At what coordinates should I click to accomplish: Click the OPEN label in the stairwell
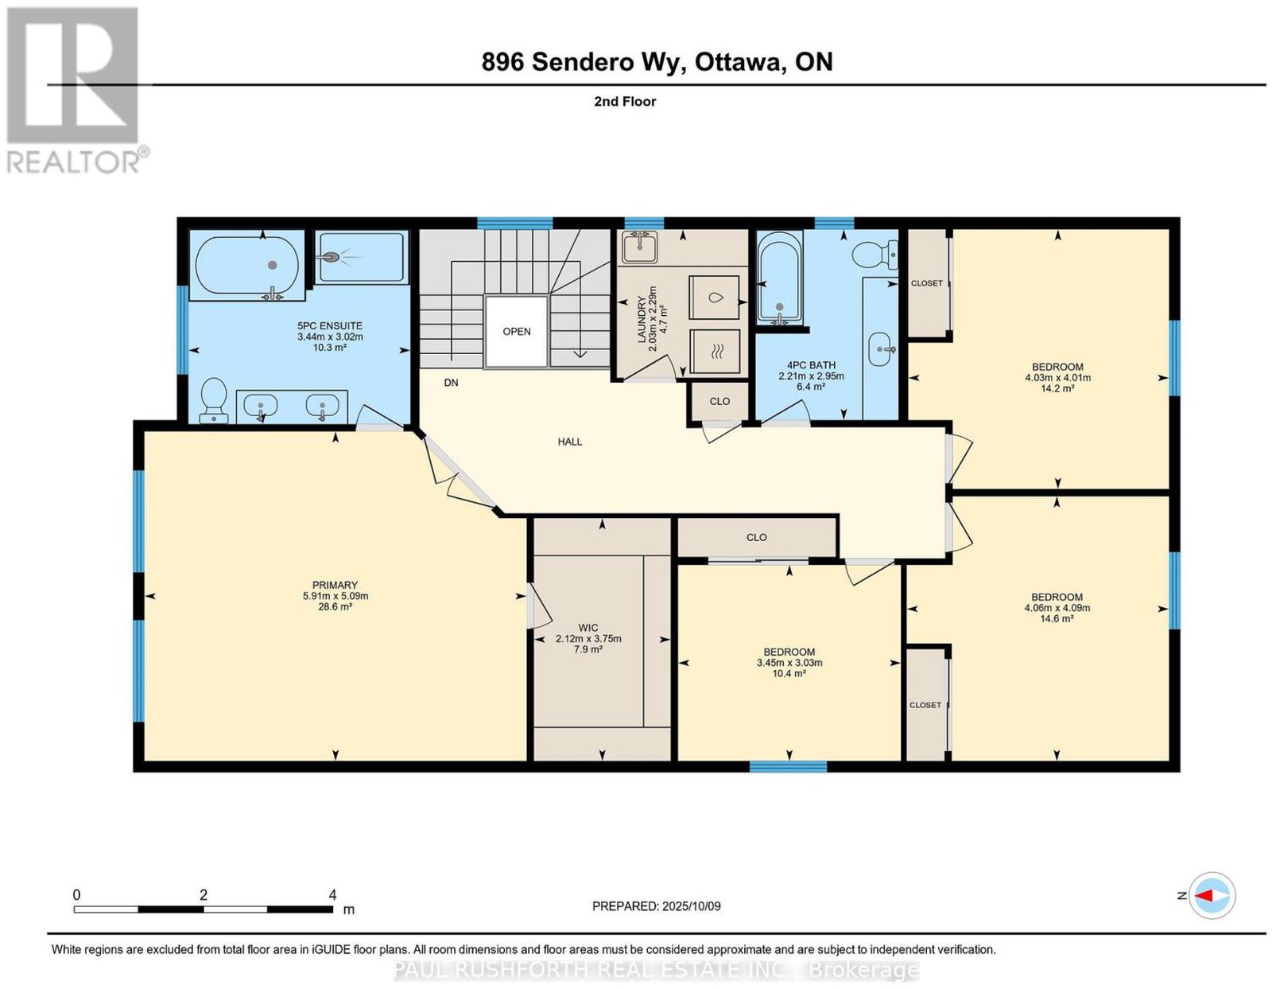pyautogui.click(x=516, y=332)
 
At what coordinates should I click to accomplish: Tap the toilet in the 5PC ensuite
pyautogui.click(x=213, y=400)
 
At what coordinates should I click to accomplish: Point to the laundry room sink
pyautogui.click(x=639, y=248)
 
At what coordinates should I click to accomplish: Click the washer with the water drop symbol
pyautogui.click(x=715, y=298)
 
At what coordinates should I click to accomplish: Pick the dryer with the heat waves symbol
pyautogui.click(x=715, y=352)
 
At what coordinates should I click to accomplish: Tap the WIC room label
pyautogui.click(x=588, y=628)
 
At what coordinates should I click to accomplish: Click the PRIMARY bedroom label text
pyautogui.click(x=335, y=585)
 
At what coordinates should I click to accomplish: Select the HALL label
pyautogui.click(x=569, y=442)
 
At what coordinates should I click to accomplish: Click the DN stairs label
pyautogui.click(x=451, y=383)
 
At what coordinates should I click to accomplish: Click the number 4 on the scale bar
pyautogui.click(x=332, y=895)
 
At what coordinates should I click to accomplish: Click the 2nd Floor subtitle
pyautogui.click(x=625, y=101)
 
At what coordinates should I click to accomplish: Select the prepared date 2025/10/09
pyautogui.click(x=691, y=906)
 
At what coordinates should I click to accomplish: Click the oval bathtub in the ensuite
pyautogui.click(x=246, y=267)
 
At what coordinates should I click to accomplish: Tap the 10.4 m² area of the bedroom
pyautogui.click(x=789, y=673)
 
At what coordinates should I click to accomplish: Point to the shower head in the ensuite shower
pyautogui.click(x=332, y=256)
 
